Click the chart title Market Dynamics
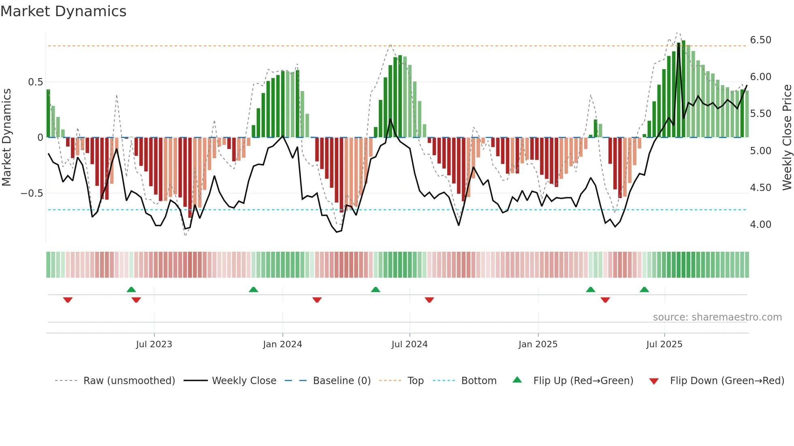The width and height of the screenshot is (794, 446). (63, 11)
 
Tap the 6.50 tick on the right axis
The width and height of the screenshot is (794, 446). (760, 40)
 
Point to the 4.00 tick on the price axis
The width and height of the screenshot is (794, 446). (760, 225)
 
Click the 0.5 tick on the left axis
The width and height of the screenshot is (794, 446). (35, 82)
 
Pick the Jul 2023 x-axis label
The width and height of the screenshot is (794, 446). (154, 344)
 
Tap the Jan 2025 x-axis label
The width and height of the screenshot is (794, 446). (538, 344)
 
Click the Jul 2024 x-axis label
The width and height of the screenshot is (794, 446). (409, 344)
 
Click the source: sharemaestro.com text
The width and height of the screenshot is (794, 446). (717, 317)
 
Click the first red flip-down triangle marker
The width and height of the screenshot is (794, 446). (68, 300)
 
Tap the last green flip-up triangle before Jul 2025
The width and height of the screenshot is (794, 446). (644, 289)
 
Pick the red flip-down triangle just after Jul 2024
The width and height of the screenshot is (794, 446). (429, 300)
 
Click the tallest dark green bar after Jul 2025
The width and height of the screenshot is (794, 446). (683, 89)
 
